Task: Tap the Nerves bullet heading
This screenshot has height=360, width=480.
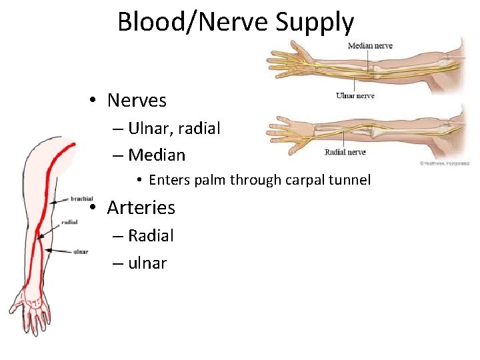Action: (x=137, y=101)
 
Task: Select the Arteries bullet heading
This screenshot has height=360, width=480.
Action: (x=141, y=207)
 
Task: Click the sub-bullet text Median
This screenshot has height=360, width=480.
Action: (x=157, y=155)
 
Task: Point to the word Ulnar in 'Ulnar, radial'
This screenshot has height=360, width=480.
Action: (x=151, y=129)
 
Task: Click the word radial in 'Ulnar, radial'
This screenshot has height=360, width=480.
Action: (x=199, y=129)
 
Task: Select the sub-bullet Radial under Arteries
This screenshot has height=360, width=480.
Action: (x=151, y=235)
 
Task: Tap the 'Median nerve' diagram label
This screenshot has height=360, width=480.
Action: (x=370, y=46)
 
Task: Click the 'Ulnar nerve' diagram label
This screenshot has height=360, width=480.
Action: (x=355, y=95)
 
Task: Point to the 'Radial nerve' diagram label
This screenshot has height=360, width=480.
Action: (x=345, y=152)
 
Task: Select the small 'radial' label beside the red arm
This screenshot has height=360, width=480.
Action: (x=69, y=222)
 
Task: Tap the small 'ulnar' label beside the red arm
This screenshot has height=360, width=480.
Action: (x=81, y=251)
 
